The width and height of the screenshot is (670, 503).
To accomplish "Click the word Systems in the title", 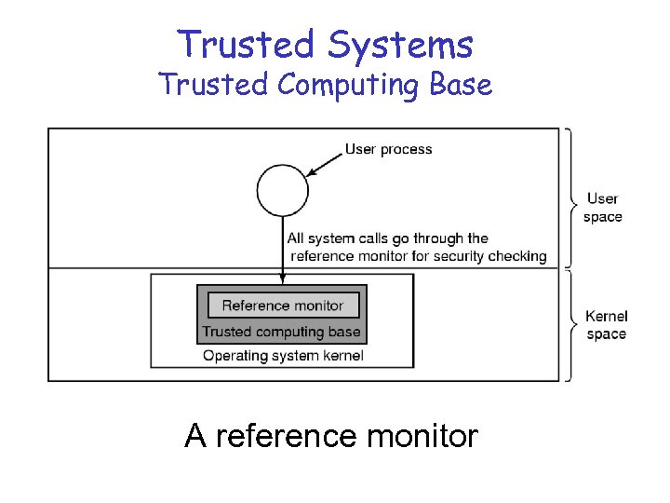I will point(399,45).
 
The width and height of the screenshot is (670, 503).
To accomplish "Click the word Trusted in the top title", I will point(245,45).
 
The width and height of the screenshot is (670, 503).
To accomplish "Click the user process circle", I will point(283,190).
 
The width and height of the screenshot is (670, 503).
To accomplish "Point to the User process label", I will point(388,149).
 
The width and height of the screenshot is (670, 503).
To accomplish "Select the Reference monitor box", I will point(282,306).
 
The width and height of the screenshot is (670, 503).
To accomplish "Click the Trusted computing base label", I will point(281,332).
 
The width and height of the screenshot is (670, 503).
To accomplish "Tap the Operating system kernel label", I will point(283,355).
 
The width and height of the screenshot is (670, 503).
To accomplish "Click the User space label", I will point(603,208).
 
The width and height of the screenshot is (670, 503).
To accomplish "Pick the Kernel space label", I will point(607,325).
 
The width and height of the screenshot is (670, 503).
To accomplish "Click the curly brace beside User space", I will point(569,197).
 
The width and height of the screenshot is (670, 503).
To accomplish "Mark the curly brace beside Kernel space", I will point(569,325).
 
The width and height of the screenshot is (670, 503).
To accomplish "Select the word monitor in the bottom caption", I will point(422,435).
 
